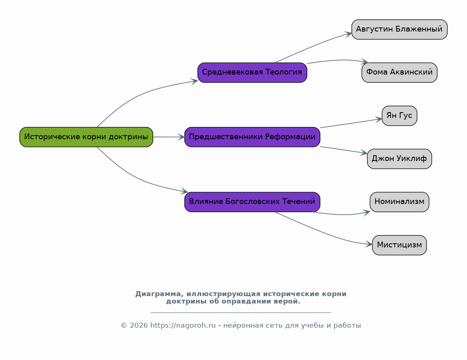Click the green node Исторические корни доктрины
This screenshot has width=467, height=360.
(x=86, y=137)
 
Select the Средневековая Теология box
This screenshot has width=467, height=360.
(x=252, y=72)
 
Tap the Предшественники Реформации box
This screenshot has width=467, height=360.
(x=252, y=137)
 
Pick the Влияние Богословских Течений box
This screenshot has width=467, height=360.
(x=252, y=202)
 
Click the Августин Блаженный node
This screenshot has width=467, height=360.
(x=399, y=29)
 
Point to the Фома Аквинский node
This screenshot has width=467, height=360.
(x=399, y=72)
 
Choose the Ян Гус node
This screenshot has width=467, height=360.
(x=399, y=115)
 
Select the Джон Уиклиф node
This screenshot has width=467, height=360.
(x=399, y=159)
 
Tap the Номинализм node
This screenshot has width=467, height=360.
(x=399, y=202)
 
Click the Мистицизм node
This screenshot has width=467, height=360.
(x=399, y=245)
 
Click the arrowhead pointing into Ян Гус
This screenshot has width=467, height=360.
(x=379, y=120)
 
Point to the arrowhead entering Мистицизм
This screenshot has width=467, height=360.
(x=369, y=244)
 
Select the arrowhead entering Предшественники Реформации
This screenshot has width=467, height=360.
(x=181, y=137)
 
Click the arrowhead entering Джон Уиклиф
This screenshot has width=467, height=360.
(x=364, y=153)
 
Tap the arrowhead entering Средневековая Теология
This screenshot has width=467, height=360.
(x=195, y=81)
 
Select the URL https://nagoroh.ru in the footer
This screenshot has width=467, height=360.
(x=183, y=326)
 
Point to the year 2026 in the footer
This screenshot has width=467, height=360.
(x=139, y=326)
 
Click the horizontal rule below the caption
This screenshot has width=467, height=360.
(x=241, y=312)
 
